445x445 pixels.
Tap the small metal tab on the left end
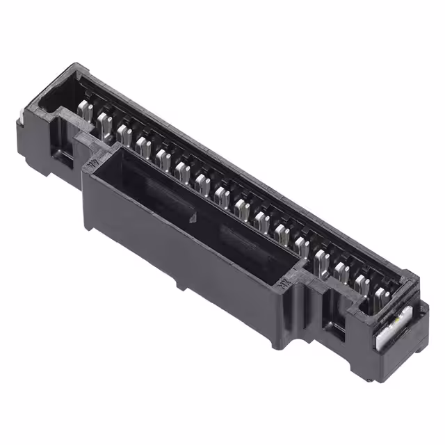click(x=21, y=125)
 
